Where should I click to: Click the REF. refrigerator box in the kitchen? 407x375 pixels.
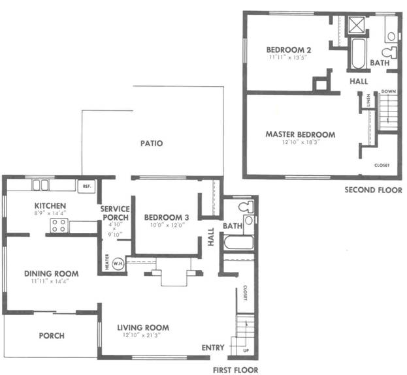coord(86,186)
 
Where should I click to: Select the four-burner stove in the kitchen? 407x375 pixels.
coord(59,226)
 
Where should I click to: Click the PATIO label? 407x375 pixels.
coord(151,143)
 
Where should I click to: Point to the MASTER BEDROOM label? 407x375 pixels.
coord(300,134)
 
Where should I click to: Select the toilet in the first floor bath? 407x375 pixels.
coord(245,208)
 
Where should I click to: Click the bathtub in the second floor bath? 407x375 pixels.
coord(357,54)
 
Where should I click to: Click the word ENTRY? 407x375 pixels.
coord(213,346)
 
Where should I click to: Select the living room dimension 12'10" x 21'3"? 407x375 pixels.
coord(143,337)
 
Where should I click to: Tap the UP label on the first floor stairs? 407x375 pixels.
coord(245,350)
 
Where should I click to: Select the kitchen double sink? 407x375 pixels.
coord(41,185)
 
